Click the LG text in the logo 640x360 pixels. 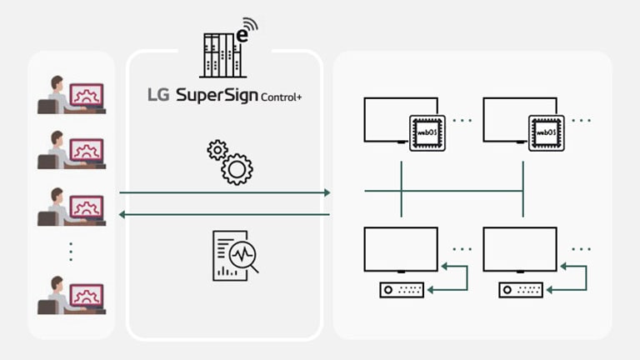point(158,95)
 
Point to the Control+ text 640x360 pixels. point(281,97)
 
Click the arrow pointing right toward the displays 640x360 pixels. point(225,192)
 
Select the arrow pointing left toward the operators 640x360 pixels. point(225,214)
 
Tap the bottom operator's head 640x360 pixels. point(57,285)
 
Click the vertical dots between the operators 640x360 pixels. point(71,250)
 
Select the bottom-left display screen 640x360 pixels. point(401,248)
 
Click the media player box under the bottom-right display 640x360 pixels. point(522,290)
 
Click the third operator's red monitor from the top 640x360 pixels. point(87,207)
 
